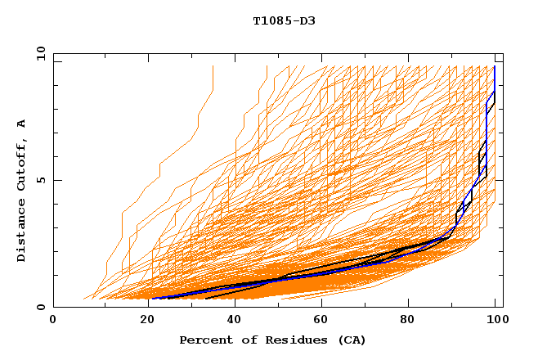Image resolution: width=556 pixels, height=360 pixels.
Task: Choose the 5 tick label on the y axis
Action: [x=40, y=180]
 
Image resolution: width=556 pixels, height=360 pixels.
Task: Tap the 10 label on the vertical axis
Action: [x=37, y=53]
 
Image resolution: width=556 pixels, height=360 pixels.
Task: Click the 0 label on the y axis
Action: [x=40, y=307]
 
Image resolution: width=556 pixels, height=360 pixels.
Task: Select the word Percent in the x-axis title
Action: [x=204, y=340]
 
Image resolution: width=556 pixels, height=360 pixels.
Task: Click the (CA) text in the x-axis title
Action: [x=350, y=340]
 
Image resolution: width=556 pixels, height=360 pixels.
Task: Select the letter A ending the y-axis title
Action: [x=21, y=124]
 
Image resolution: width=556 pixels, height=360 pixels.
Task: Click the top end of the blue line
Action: [x=495, y=66]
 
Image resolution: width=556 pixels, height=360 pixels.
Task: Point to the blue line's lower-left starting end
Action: [x=152, y=299]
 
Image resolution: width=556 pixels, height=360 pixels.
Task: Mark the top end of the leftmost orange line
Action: [x=213, y=66]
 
